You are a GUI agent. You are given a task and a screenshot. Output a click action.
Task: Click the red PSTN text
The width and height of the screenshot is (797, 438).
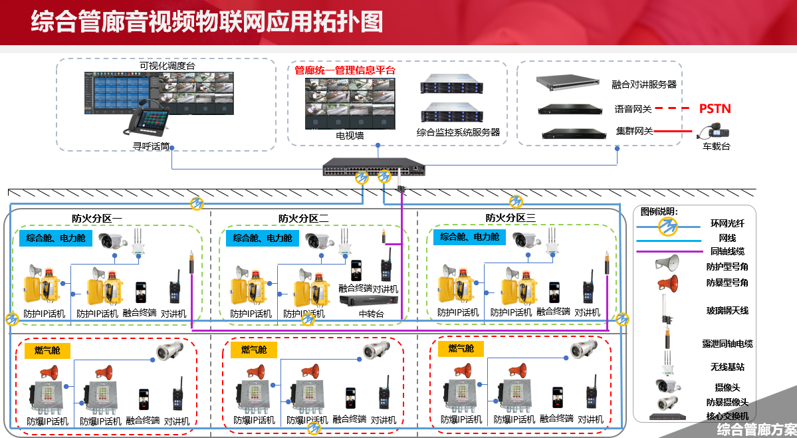tap(715, 108)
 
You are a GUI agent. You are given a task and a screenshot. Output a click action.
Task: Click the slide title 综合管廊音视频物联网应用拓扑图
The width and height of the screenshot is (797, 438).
tap(207, 21)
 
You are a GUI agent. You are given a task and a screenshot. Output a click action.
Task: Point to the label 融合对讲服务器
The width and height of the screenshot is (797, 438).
tap(643, 84)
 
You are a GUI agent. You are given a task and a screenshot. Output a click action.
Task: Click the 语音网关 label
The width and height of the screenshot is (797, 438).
tap(633, 108)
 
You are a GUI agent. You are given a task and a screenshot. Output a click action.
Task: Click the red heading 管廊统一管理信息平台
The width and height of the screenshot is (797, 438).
tap(344, 70)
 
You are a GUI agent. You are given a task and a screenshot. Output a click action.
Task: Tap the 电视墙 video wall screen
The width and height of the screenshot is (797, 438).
tap(350, 104)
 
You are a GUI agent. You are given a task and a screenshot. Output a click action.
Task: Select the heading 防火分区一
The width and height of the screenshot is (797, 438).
tap(96, 218)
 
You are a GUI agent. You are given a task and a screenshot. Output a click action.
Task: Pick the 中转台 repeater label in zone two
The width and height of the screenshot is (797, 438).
tap(371, 313)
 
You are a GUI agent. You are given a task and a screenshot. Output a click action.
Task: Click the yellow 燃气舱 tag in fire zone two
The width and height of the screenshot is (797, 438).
tap(254, 350)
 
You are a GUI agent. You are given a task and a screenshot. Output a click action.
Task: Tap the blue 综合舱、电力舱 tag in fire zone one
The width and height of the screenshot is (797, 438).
tap(57, 238)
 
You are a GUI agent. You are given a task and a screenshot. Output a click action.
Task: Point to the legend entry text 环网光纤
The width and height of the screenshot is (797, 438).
tap(727, 224)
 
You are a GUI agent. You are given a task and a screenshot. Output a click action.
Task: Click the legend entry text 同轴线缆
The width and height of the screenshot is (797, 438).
tap(727, 251)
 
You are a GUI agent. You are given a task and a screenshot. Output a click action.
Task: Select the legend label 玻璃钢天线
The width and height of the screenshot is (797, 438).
tap(727, 310)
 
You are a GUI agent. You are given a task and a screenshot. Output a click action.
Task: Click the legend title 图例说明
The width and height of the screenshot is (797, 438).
tap(659, 211)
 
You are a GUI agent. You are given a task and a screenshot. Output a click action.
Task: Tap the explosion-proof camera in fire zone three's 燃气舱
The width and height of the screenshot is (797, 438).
tap(584, 350)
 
